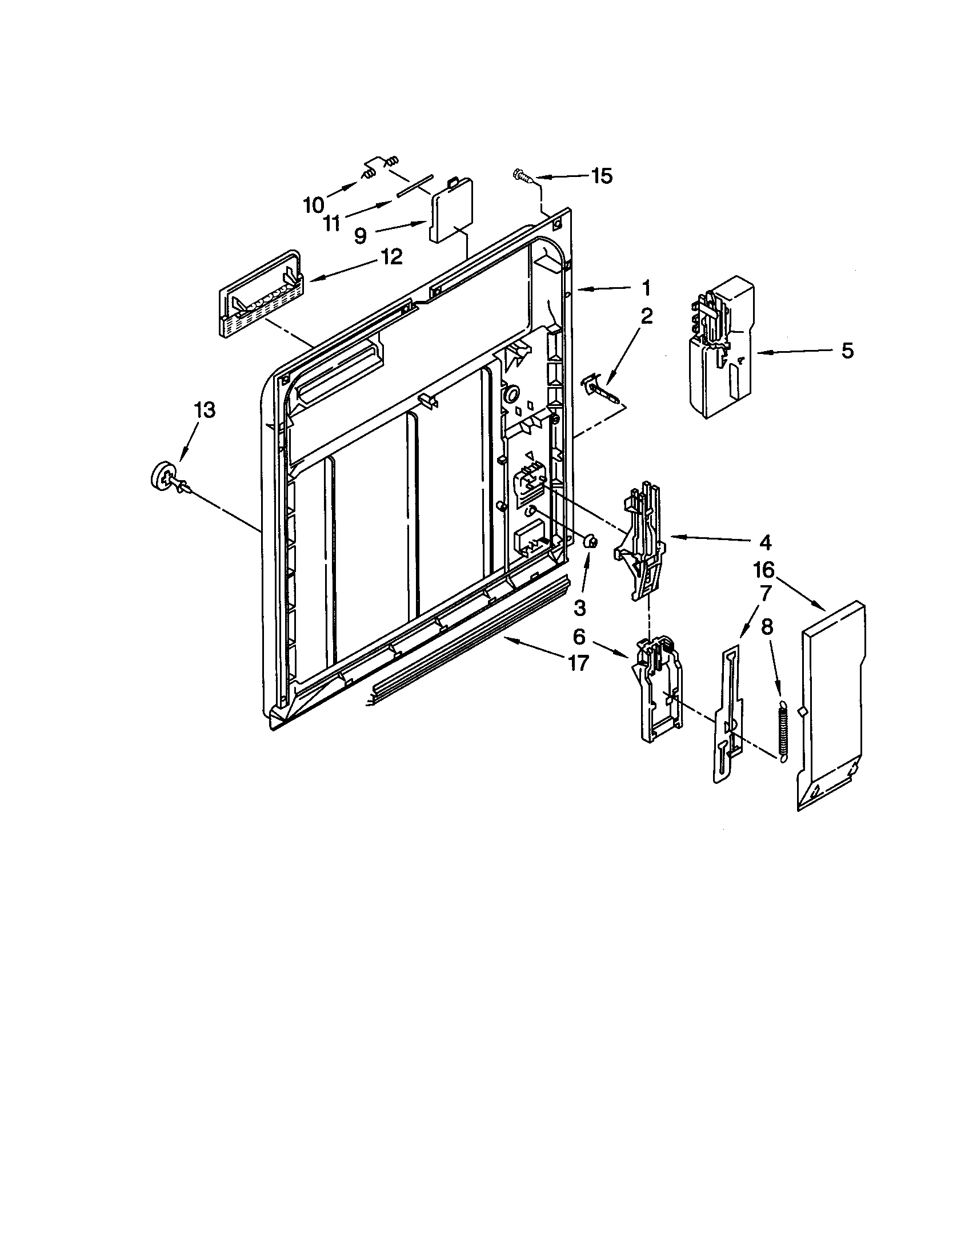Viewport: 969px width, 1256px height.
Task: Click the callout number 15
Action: tap(602, 176)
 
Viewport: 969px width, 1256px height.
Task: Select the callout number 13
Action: tap(205, 410)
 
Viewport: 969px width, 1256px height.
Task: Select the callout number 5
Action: tap(847, 351)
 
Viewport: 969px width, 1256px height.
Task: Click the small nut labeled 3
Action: tap(590, 541)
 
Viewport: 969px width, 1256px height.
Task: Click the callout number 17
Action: tap(578, 663)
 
